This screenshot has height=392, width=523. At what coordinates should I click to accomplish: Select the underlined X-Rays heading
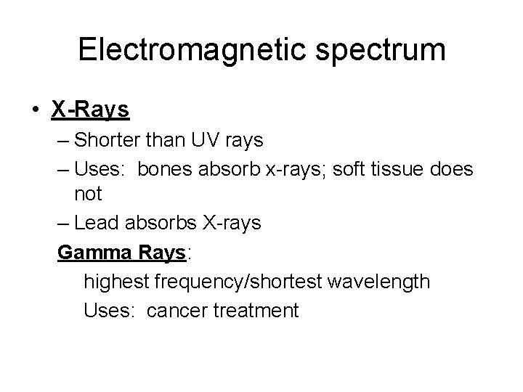tap(90, 110)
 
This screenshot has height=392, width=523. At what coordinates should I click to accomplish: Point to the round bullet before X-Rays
tap(36, 110)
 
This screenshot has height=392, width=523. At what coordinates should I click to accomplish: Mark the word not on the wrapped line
tap(88, 195)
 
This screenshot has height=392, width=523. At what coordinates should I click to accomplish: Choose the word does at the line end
tap(454, 169)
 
